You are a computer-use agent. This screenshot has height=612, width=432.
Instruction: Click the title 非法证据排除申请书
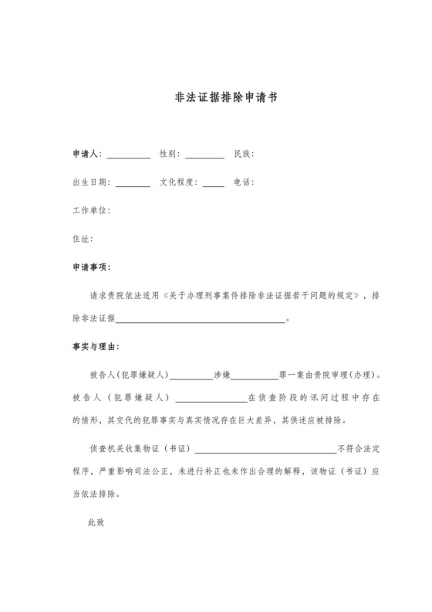pos(216,99)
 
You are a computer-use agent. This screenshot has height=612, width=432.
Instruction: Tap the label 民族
pos(243,154)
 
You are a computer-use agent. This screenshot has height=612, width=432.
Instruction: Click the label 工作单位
pos(91,210)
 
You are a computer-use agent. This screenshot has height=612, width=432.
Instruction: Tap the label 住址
pos(82,239)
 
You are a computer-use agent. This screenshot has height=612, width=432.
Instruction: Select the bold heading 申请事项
pos(91,267)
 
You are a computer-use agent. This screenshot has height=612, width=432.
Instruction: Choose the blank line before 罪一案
pos(255,378)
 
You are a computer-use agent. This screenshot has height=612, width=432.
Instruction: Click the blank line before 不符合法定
pos(266,450)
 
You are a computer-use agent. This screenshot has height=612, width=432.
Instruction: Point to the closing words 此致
pos(96,522)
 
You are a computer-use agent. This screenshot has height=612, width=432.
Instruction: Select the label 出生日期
pos(91,182)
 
